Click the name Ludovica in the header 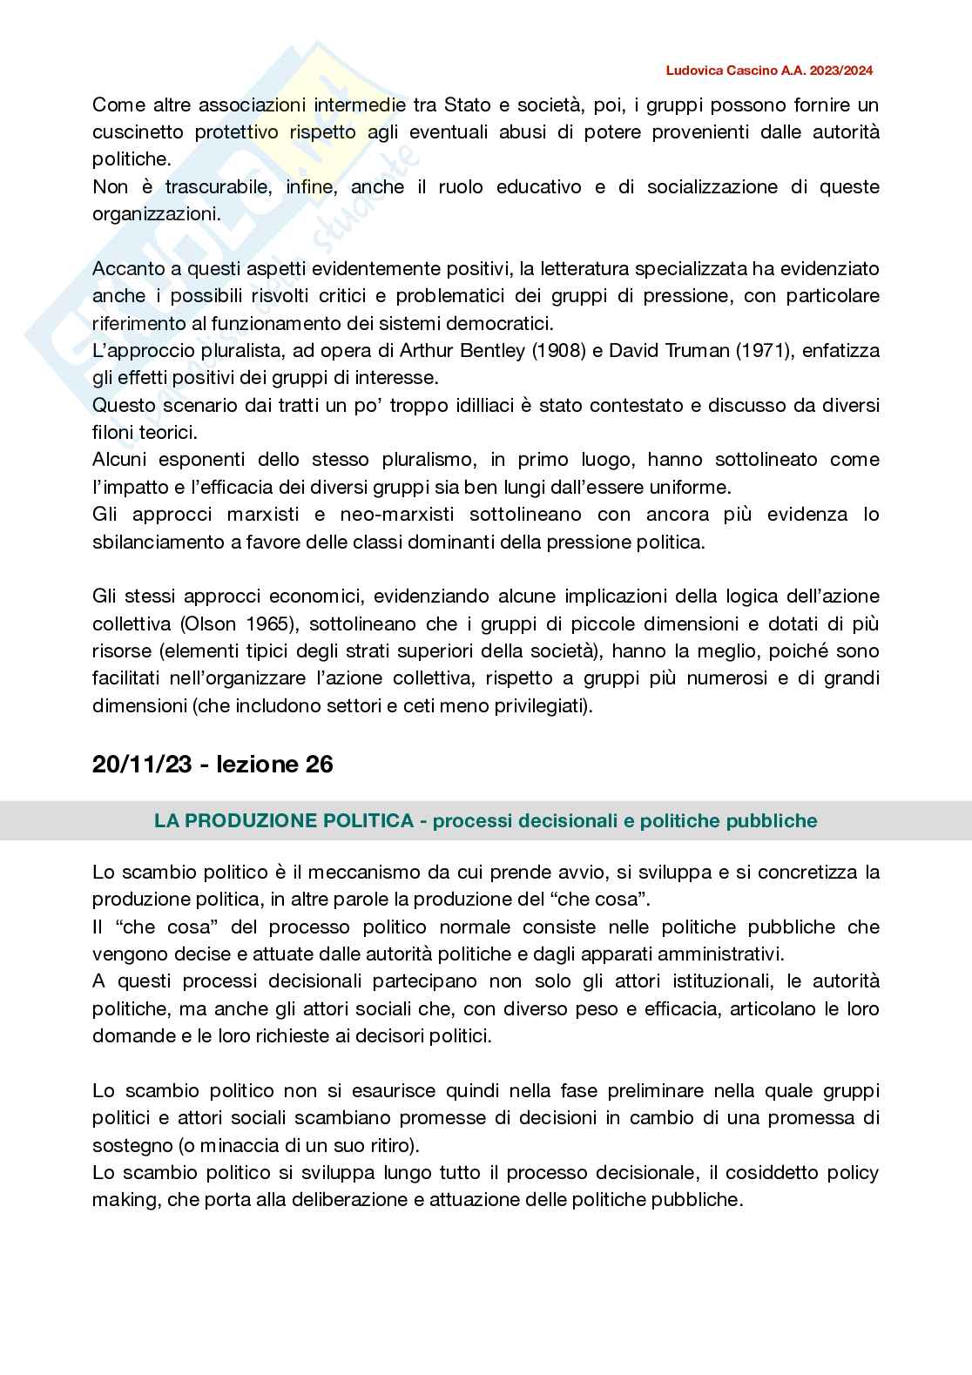694,71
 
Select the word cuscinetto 138,132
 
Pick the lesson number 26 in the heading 319,764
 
